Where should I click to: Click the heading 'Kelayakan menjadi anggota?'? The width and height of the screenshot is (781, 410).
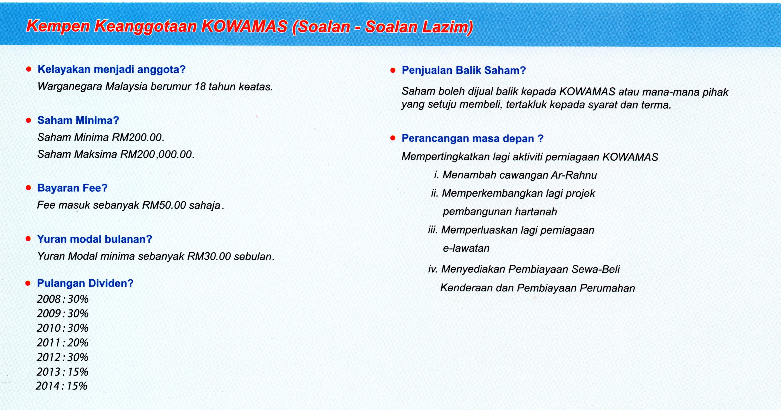111,70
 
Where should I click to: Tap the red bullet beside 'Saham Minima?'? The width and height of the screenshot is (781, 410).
29,121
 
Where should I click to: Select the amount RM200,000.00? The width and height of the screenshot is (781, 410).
157,155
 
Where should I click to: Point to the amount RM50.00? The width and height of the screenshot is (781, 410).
164,205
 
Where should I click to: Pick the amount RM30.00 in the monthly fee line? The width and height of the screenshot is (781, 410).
209,257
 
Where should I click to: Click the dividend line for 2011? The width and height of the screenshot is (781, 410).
62,343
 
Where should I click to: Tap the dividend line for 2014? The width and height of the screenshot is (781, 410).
62,386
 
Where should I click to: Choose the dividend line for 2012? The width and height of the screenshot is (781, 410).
62,357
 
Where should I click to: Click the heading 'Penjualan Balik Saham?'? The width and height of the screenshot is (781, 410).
464,71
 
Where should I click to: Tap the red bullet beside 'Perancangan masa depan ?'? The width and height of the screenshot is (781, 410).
393,138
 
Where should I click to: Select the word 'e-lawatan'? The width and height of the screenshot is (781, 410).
466,248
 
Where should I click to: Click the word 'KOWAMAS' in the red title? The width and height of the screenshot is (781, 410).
244,27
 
